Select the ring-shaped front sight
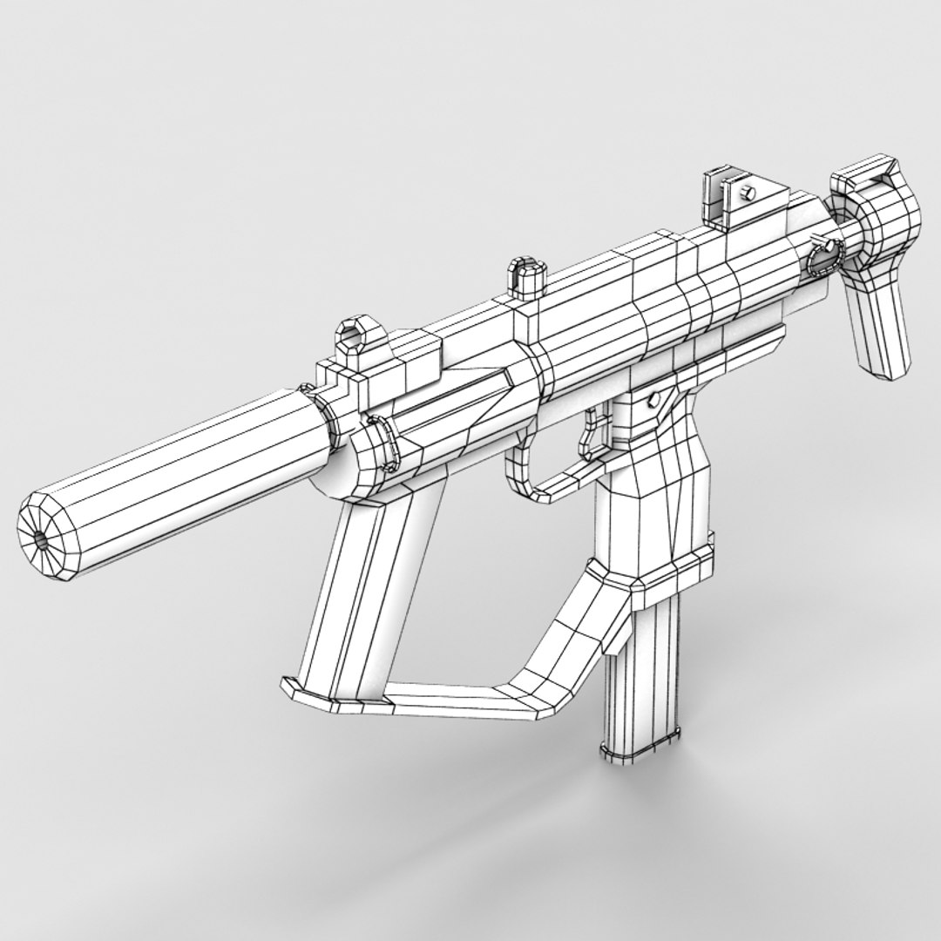pyautogui.click(x=356, y=335)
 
